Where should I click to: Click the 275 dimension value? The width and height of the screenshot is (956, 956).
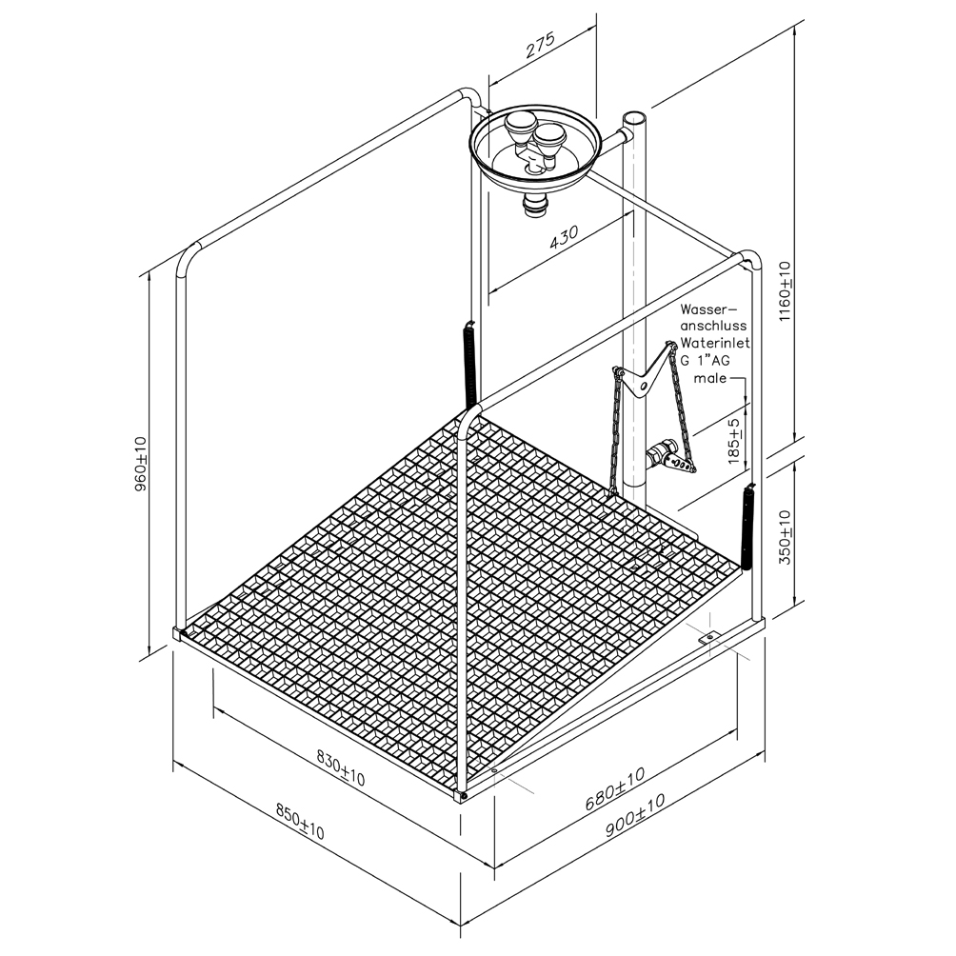pyautogui.click(x=541, y=47)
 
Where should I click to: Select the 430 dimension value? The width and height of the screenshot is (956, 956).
pyautogui.click(x=564, y=239)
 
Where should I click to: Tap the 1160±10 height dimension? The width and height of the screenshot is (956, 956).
pyautogui.click(x=785, y=291)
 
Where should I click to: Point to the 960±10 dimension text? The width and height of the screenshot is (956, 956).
pyautogui.click(x=141, y=464)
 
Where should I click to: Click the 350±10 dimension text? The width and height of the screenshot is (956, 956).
pyautogui.click(x=785, y=536)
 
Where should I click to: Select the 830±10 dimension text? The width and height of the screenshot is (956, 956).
pyautogui.click(x=341, y=767)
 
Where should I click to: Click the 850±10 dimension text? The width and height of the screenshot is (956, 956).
pyautogui.click(x=300, y=821)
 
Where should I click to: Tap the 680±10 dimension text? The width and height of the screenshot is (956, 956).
pyautogui.click(x=614, y=789)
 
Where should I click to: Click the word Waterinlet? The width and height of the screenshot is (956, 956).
pyautogui.click(x=715, y=343)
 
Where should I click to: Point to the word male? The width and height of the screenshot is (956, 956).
pyautogui.click(x=710, y=378)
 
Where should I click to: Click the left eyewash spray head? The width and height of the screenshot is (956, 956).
pyautogui.click(x=520, y=129)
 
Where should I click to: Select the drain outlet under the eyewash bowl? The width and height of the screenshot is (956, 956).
pyautogui.click(x=535, y=205)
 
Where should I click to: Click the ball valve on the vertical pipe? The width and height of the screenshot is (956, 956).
pyautogui.click(x=660, y=454)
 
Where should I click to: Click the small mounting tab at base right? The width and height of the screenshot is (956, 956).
pyautogui.click(x=708, y=638)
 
